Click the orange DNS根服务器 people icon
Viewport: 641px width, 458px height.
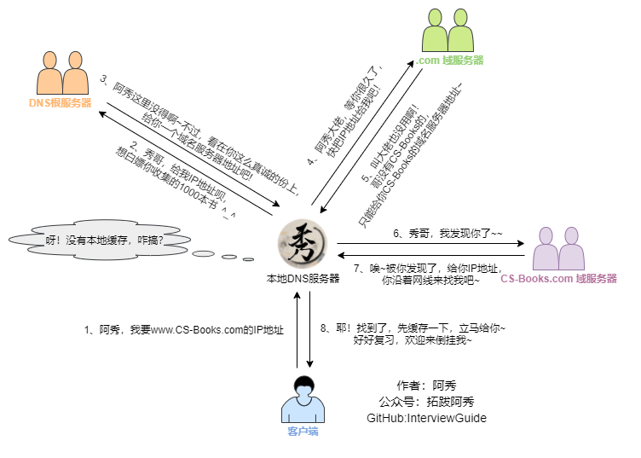pyautogui.click(x=63, y=72)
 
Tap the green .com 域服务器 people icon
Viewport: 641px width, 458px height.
pyautogui.click(x=448, y=31)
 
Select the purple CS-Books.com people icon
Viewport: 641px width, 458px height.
pyautogui.click(x=557, y=248)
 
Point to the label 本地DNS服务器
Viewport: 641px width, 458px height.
pyautogui.click(x=303, y=278)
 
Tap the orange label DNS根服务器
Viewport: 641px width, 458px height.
pyautogui.click(x=61, y=103)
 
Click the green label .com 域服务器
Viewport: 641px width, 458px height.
pyautogui.click(x=449, y=61)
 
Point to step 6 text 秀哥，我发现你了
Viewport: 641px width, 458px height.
pyautogui.click(x=448, y=233)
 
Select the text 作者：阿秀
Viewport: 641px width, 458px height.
pyautogui.click(x=426, y=386)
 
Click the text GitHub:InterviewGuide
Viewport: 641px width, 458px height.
pyautogui.click(x=426, y=418)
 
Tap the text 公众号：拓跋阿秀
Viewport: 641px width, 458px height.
pyautogui.click(x=426, y=402)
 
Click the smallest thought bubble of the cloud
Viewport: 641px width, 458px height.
pyautogui.click(x=248, y=259)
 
